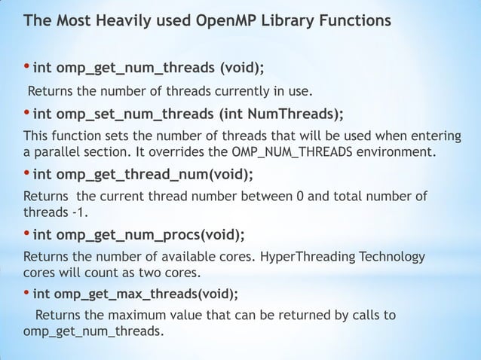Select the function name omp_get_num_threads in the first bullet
pos(139,69)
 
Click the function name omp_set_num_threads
pos(136,114)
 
